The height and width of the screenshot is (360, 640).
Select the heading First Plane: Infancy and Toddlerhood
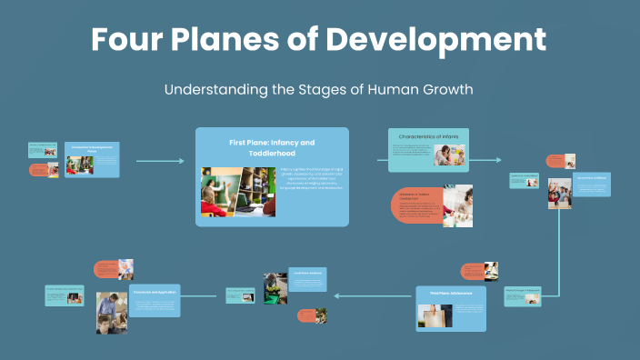click(272, 148)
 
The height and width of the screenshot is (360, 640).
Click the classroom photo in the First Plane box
click(232, 191)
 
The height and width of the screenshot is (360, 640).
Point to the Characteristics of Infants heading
click(428, 137)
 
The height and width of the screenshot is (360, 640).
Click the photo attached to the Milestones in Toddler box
click(457, 205)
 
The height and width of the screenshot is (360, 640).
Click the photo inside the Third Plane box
click(435, 315)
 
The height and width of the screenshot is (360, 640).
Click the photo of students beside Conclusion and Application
click(111, 312)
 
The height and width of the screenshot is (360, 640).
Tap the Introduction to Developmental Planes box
click(92, 159)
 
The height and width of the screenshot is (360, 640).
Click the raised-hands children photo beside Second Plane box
click(559, 194)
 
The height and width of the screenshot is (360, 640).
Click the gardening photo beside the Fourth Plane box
click(275, 288)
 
